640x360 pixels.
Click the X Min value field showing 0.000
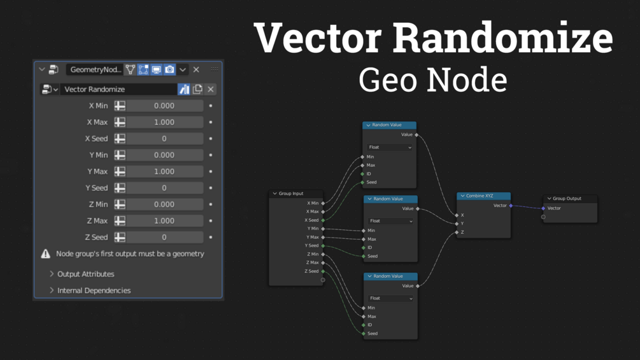[164, 106]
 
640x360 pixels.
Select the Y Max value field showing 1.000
[164, 171]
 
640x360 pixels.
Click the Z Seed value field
[164, 237]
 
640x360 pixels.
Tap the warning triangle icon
[46, 254]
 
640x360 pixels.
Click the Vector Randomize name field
[118, 89]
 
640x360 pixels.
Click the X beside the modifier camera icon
[196, 69]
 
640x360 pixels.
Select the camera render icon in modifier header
[169, 69]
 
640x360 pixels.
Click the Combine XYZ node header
[484, 196]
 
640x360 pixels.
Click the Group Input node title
[291, 194]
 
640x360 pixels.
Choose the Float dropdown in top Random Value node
[390, 147]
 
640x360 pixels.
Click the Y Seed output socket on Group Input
[323, 245]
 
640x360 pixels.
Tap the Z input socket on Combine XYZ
[457, 233]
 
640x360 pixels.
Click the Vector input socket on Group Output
[543, 208]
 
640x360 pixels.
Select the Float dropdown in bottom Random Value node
[390, 298]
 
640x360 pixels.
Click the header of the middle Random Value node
[390, 199]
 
